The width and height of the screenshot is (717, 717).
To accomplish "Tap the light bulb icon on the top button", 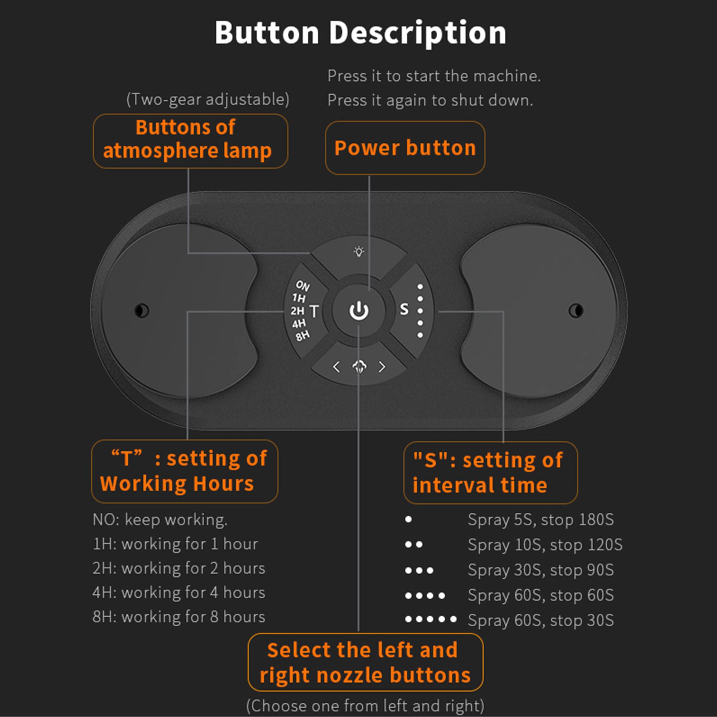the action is point(358,252).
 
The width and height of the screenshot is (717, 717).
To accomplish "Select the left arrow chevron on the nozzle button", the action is point(336,367).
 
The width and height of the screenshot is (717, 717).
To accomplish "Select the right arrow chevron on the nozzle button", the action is point(382,367).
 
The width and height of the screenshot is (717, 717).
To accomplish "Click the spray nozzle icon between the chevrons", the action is point(359,367).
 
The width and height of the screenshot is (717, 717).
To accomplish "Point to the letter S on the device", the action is point(404,309).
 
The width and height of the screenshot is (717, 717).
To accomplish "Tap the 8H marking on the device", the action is point(303,336).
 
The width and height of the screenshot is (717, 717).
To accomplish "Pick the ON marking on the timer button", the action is point(303,285).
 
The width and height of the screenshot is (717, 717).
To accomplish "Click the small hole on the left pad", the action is point(142,310).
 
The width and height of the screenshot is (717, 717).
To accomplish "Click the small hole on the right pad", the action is point(576,310).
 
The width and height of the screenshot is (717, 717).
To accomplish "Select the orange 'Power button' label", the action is point(405,148).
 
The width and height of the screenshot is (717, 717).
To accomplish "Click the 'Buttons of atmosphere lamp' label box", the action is point(190,141).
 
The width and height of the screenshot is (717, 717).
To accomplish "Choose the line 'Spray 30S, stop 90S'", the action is point(541,570).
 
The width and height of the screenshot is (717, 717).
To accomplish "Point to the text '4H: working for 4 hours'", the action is point(179,593).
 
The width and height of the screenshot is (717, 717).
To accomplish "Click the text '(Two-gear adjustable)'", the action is point(208,99).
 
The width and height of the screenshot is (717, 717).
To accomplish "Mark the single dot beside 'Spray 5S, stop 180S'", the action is point(409,519).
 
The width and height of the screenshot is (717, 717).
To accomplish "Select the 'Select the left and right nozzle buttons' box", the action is point(366,663).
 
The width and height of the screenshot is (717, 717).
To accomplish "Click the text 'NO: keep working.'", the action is point(160,520).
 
